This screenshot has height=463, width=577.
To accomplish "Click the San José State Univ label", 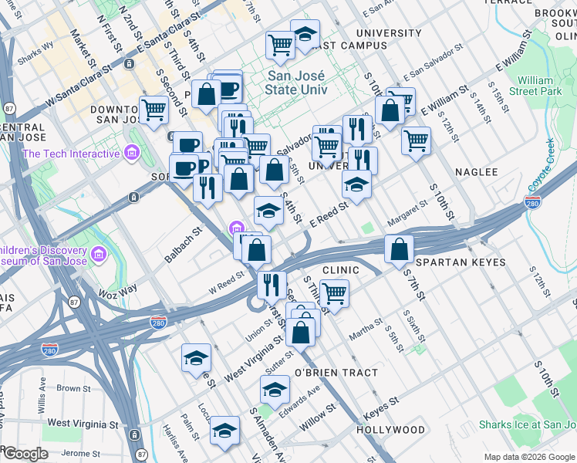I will pyautogui.click(x=297, y=83).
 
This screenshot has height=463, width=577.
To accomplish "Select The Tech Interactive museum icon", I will pyautogui.click(x=131, y=154).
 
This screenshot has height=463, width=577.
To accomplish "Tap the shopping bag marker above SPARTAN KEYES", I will pyautogui.click(x=399, y=249).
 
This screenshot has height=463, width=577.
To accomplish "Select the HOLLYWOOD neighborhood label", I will pyautogui.click(x=390, y=430).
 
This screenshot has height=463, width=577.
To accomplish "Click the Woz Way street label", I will pyautogui.click(x=117, y=289).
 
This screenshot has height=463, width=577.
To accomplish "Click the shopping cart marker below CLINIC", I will pyautogui.click(x=334, y=293).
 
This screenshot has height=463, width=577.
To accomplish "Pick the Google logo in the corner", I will pyautogui.click(x=25, y=454).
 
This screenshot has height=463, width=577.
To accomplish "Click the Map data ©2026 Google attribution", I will pyautogui.click(x=529, y=457).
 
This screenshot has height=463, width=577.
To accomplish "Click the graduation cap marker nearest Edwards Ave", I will pyautogui.click(x=274, y=389).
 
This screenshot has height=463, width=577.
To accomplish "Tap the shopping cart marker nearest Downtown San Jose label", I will pyautogui.click(x=154, y=110).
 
